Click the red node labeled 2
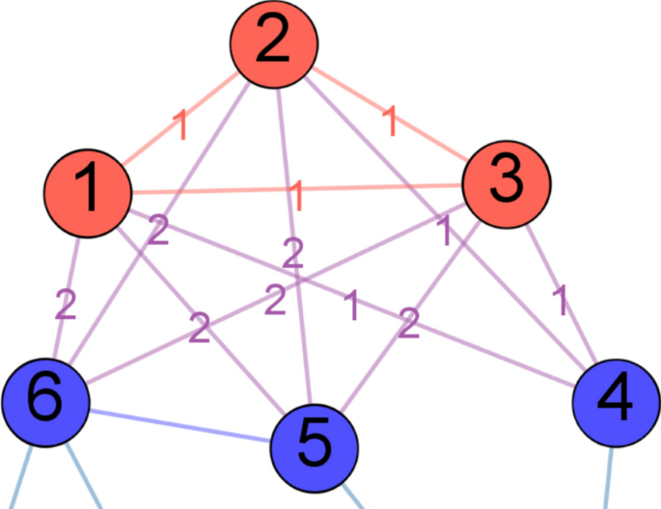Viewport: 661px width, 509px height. click(273, 42)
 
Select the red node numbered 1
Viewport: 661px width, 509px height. click(88, 189)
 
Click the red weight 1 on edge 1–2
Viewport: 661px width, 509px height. click(179, 124)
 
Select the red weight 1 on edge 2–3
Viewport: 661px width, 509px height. click(390, 121)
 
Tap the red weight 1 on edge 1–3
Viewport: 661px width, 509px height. click(297, 196)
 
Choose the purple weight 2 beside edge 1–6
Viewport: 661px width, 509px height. click(65, 305)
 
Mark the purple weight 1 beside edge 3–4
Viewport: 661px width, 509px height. click(560, 302)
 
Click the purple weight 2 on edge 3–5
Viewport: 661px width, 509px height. click(409, 324)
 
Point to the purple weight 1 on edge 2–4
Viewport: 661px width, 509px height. click(445, 231)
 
